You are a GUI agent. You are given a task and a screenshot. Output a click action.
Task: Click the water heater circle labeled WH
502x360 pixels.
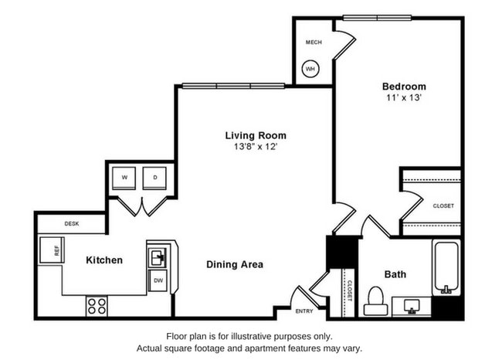(x=311, y=70)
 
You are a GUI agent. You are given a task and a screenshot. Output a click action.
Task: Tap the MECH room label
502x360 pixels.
(x=314, y=42)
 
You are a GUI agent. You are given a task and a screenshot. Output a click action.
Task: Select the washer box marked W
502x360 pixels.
(x=124, y=178)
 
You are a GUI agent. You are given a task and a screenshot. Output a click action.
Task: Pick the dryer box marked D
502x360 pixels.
(x=154, y=178)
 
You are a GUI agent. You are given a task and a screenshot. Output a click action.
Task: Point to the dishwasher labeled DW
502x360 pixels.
(x=158, y=280)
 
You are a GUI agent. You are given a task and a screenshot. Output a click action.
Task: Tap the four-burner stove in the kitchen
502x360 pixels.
(x=97, y=305)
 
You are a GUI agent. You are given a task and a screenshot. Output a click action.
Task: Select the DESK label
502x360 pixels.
(x=72, y=223)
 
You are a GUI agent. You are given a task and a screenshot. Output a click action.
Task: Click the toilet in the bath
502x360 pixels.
(x=375, y=300)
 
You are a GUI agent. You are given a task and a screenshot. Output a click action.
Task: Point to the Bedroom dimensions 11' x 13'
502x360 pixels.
(x=404, y=98)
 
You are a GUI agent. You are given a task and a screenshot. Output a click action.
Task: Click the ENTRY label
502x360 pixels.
(x=304, y=311)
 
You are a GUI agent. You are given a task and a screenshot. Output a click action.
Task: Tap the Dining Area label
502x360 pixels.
(x=235, y=264)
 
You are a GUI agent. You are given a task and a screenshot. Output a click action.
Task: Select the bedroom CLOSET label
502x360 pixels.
(x=443, y=205)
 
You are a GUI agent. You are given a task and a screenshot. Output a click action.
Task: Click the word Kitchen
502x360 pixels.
(x=103, y=260)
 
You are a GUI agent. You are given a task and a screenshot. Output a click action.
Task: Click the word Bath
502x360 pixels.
(x=395, y=273)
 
